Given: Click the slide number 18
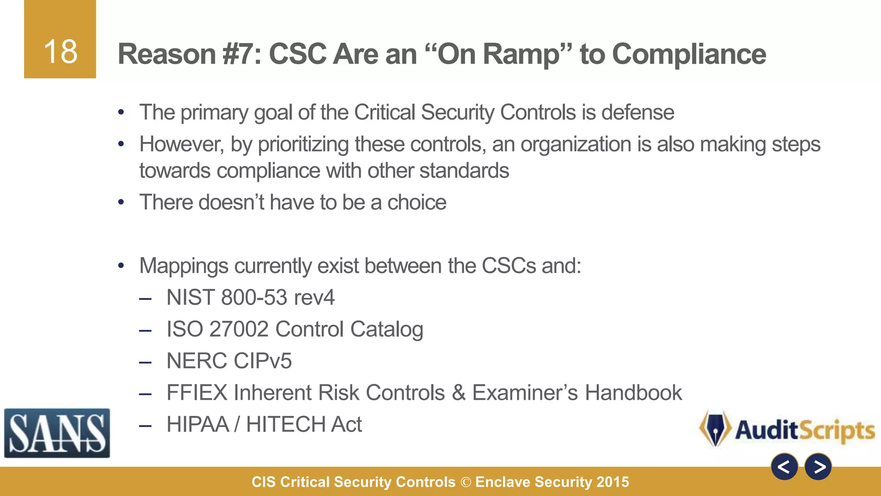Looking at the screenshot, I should pyautogui.click(x=60, y=52).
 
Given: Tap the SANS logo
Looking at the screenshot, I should pyautogui.click(x=57, y=433).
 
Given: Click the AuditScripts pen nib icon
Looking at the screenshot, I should pyautogui.click(x=715, y=429).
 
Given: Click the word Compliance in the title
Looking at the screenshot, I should pyautogui.click(x=689, y=54).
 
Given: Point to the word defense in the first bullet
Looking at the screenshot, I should pyautogui.click(x=638, y=113).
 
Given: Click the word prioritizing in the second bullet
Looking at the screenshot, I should pyautogui.click(x=303, y=144).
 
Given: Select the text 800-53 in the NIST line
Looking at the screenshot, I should pyautogui.click(x=254, y=298).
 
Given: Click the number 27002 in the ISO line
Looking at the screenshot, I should pyautogui.click(x=239, y=329).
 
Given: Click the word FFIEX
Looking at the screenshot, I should pyautogui.click(x=197, y=393).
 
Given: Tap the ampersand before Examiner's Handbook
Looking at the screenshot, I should pyautogui.click(x=459, y=393).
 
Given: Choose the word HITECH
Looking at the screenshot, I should pyautogui.click(x=285, y=425).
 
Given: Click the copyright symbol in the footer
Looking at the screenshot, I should pyautogui.click(x=465, y=482).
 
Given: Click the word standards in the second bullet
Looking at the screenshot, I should pyautogui.click(x=464, y=171).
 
